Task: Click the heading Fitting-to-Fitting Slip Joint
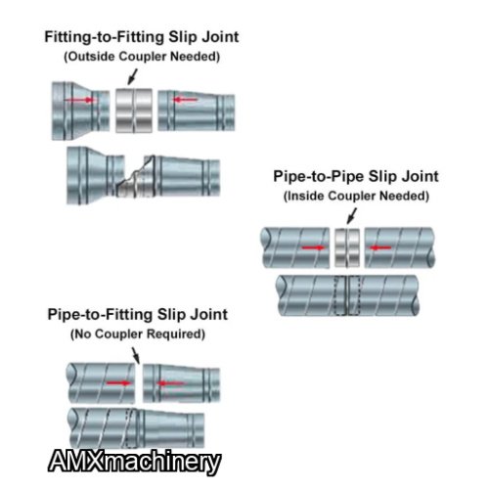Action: click(142, 37)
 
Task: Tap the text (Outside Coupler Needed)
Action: click(142, 57)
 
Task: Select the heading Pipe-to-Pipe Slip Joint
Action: click(356, 176)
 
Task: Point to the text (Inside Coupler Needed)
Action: click(356, 196)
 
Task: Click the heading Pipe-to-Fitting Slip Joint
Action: click(138, 315)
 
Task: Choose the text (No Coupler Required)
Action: click(138, 334)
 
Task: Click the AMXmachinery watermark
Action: click(134, 462)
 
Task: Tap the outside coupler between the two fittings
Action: click(134, 111)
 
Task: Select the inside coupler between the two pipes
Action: click(347, 247)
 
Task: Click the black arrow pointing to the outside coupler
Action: click(132, 77)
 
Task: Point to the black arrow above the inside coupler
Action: click(351, 216)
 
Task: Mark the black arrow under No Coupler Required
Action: click(136, 356)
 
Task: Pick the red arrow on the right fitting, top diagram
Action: click(185, 99)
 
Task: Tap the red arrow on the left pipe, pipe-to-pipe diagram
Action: click(314, 247)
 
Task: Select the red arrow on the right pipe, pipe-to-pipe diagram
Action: click(380, 247)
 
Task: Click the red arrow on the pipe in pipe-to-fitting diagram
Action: click(118, 382)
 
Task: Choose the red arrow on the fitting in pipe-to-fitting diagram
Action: click(170, 383)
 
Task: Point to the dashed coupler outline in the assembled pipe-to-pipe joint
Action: click(347, 295)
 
